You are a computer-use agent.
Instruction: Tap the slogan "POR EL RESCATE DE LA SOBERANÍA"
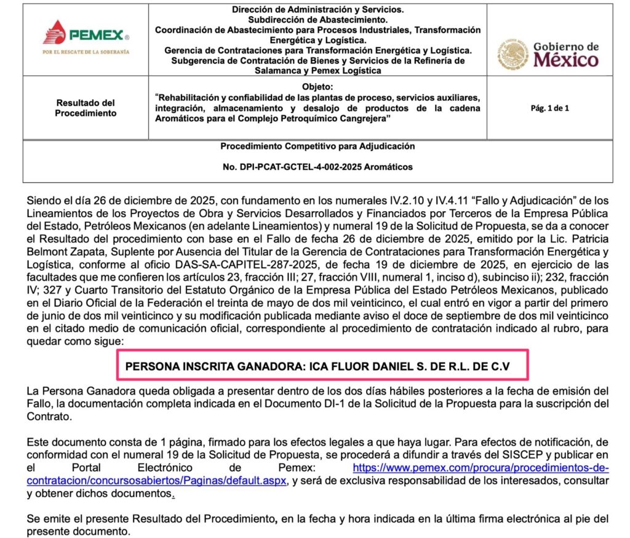click(86, 52)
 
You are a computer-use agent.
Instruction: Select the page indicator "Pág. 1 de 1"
click(549, 108)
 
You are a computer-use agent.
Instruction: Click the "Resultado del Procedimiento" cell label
click(86, 108)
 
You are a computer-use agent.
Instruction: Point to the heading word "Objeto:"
click(317, 86)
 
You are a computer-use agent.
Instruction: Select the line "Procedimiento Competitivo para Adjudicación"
click(317, 147)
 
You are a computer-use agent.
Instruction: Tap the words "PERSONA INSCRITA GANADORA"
click(213, 366)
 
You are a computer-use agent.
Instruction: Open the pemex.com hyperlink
click(480, 468)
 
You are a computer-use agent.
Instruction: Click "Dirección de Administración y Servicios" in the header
click(317, 10)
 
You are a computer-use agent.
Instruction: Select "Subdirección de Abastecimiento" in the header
click(317, 20)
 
